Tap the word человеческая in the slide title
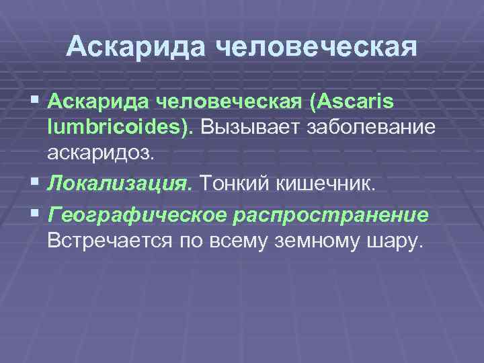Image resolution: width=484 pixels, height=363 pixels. pos(315,48)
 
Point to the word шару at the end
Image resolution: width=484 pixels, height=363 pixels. pos(396,240)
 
